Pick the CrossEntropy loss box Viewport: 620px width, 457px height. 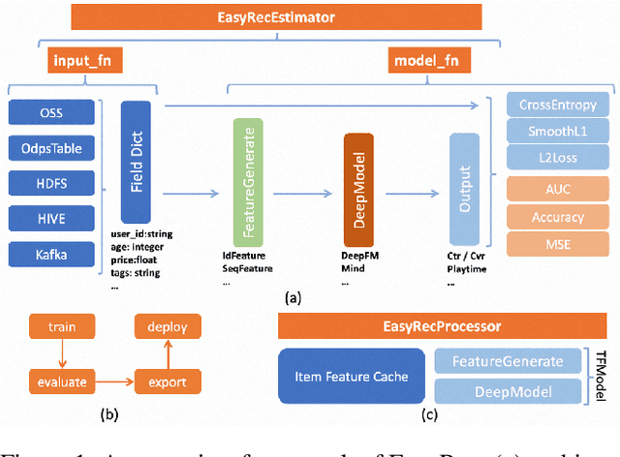[x=557, y=106]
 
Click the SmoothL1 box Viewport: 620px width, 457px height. [x=557, y=132]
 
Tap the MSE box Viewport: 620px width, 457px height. [x=557, y=244]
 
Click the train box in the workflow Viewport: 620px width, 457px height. [x=55, y=327]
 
